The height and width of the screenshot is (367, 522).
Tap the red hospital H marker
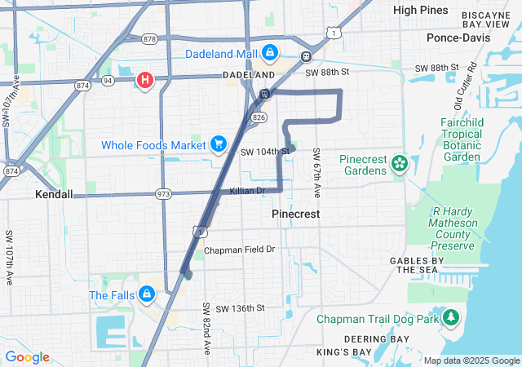coord(145,80)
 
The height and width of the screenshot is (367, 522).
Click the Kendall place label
coord(55,195)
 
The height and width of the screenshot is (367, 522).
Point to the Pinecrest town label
coord(294,213)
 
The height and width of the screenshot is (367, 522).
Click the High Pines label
coord(420,10)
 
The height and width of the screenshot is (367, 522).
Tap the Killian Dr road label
coord(248,191)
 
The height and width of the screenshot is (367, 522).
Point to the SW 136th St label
coord(233,307)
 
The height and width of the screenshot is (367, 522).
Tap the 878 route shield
coord(148,38)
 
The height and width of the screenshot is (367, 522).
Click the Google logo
coord(27,357)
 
